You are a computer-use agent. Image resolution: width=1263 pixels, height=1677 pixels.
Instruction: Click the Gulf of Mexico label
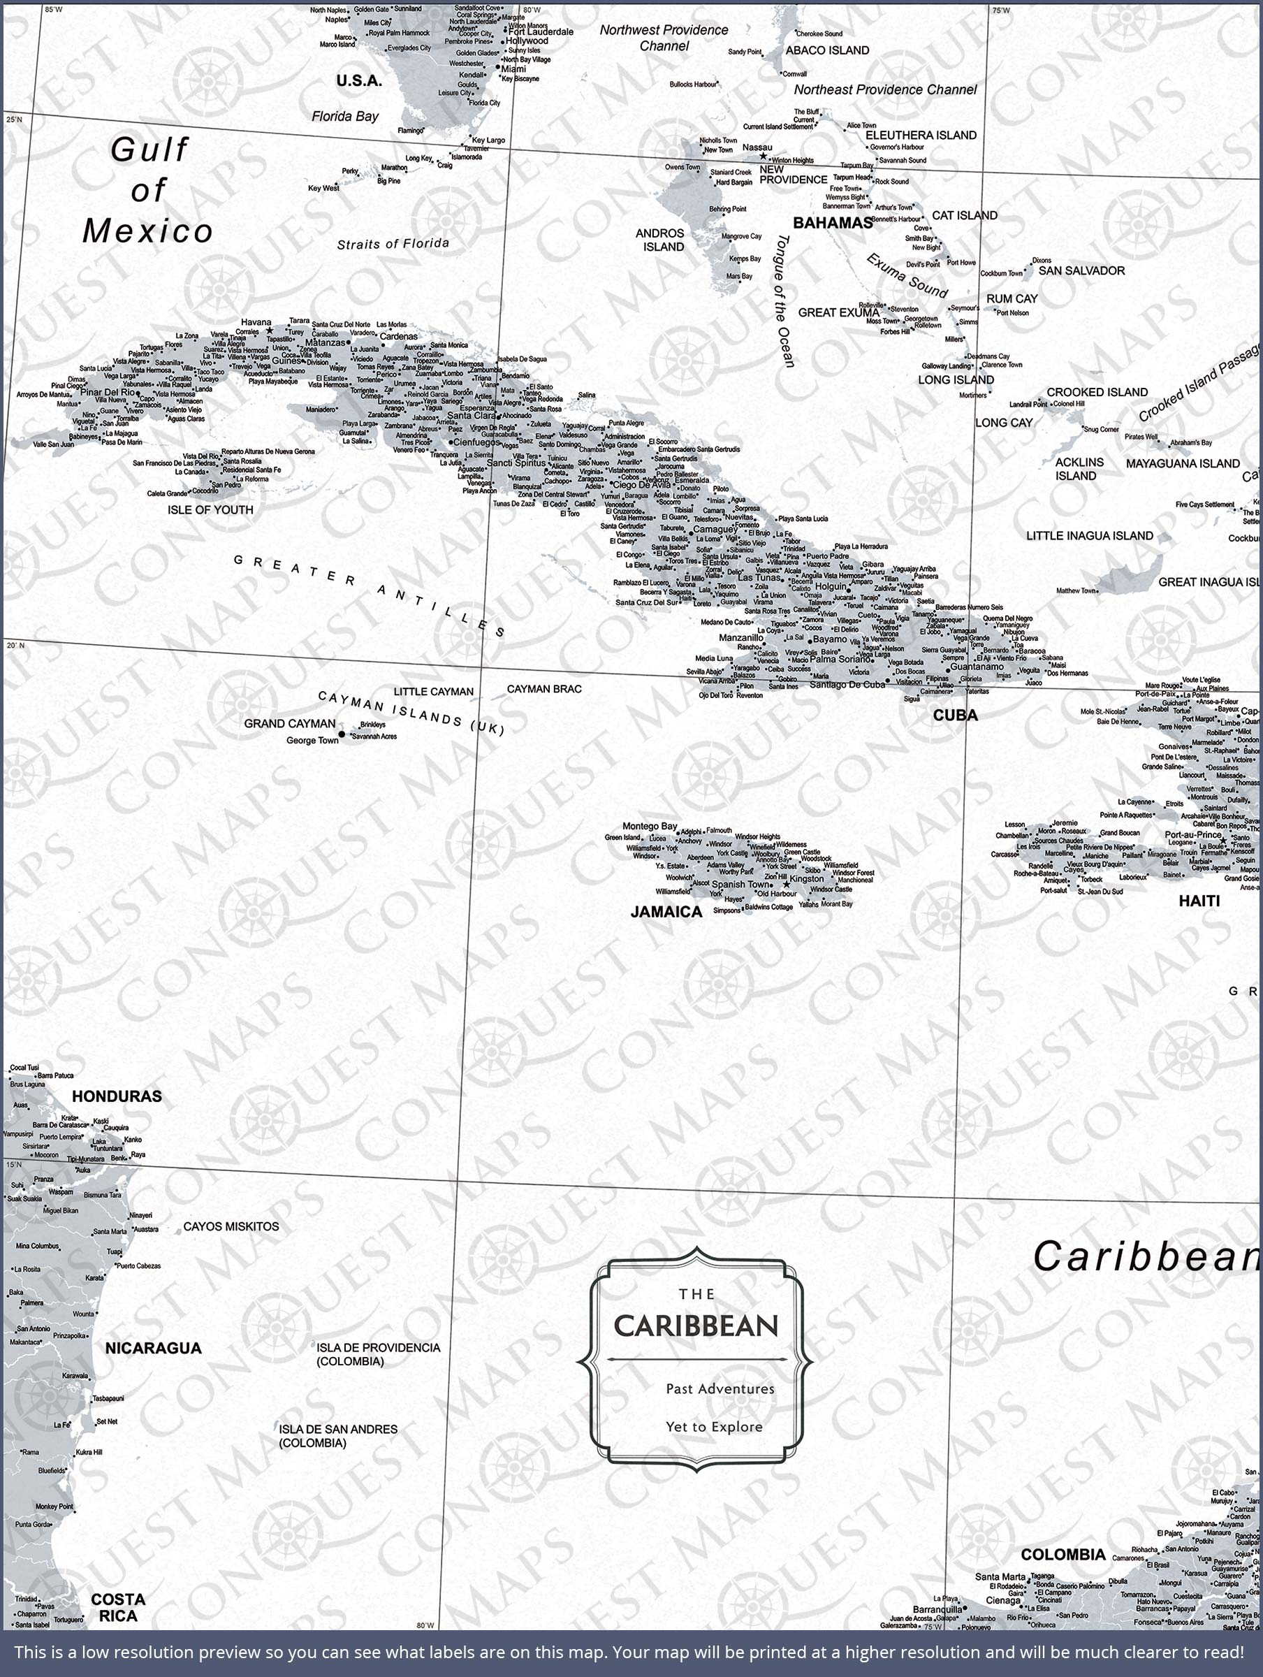click(x=148, y=190)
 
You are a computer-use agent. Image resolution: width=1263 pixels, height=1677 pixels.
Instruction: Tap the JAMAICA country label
click(x=666, y=912)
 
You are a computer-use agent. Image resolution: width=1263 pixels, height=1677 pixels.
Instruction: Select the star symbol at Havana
click(x=269, y=331)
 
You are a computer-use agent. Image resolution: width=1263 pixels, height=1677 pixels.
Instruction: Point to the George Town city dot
click(x=342, y=734)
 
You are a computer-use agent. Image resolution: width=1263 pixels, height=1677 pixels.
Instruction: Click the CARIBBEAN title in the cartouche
click(x=696, y=1326)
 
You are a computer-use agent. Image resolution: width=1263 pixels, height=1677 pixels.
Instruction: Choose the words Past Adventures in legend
click(x=720, y=1389)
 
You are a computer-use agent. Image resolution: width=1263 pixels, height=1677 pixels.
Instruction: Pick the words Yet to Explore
click(x=714, y=1427)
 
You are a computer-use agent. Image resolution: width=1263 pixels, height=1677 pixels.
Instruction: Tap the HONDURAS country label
click(x=117, y=1096)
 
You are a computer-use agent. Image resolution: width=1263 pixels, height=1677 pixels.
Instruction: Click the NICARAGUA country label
click(x=153, y=1348)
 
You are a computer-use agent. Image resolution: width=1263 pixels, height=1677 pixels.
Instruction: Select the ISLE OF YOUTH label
click(x=210, y=509)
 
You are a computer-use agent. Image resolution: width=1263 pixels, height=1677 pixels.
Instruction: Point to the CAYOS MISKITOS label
click(x=231, y=1226)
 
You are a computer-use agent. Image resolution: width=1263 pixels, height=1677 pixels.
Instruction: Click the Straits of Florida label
click(x=393, y=243)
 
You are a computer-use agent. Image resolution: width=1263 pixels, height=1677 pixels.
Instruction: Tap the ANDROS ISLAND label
click(x=659, y=240)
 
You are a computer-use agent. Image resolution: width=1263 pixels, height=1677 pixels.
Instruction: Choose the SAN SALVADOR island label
click(x=1081, y=270)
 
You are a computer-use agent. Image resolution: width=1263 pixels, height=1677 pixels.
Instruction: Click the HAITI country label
click(x=1199, y=901)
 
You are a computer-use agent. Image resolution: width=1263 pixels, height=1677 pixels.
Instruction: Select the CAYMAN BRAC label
click(x=544, y=688)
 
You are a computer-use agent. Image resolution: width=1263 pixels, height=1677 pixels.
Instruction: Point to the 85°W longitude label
click(x=53, y=10)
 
